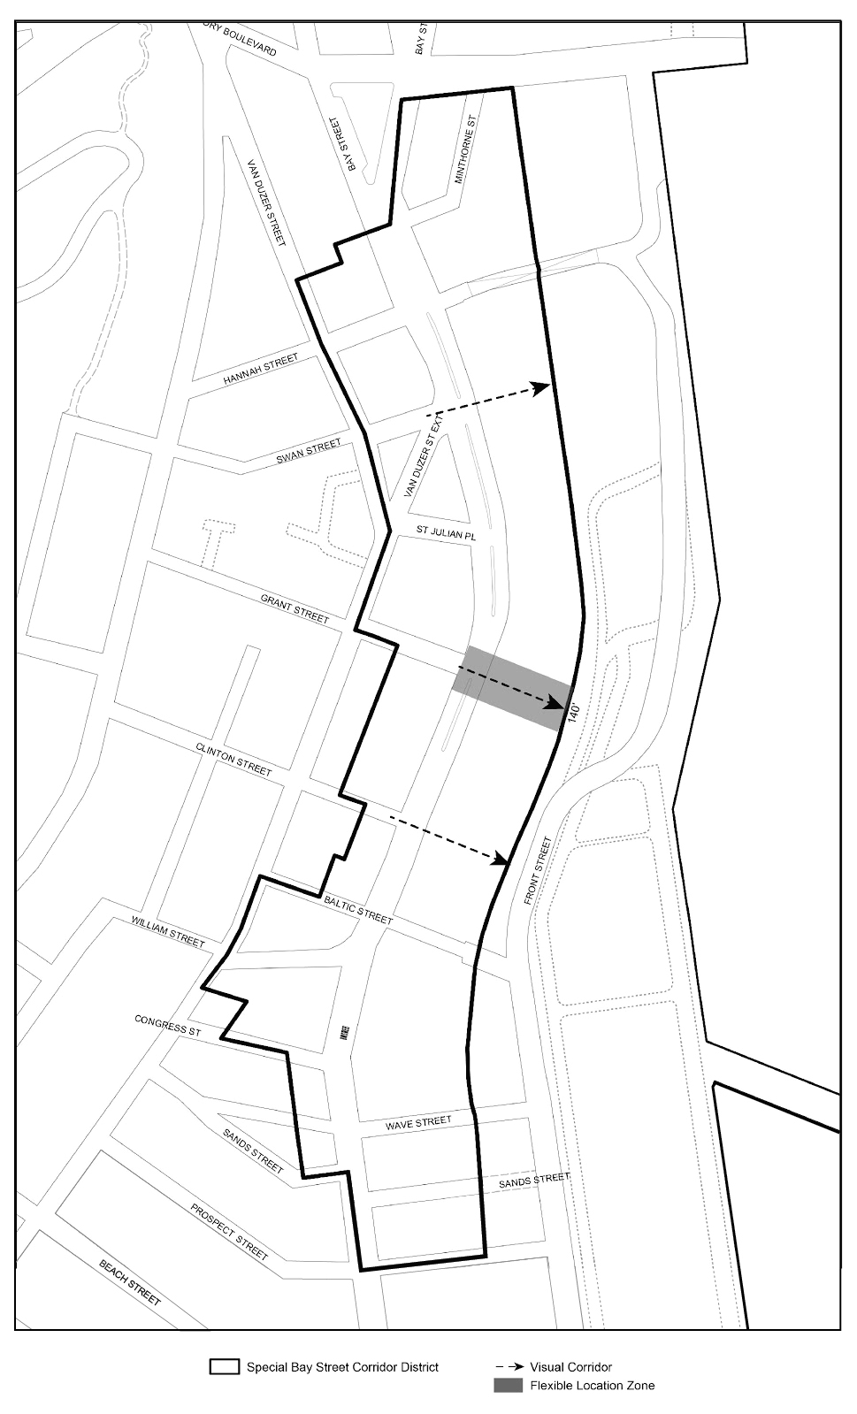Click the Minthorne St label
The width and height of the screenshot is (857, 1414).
[x=466, y=149]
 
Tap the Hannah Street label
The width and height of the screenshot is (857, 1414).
[x=260, y=370]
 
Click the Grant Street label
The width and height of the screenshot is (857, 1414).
[x=295, y=608]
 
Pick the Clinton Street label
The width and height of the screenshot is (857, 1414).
[x=233, y=759]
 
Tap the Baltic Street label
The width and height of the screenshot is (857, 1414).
[x=358, y=909]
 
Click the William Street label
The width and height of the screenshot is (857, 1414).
[x=168, y=932]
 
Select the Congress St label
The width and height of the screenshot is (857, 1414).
[x=168, y=1025]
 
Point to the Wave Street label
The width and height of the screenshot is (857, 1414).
[x=418, y=1123]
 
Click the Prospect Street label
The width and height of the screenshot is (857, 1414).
[x=230, y=1231]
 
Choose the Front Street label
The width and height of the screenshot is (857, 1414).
[x=537, y=870]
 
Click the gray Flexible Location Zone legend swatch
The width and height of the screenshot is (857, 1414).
[x=508, y=1386]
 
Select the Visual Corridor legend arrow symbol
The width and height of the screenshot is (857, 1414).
[x=508, y=1367]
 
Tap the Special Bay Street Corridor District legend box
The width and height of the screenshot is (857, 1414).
[x=225, y=1366]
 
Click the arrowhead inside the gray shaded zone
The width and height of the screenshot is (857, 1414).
[x=555, y=704]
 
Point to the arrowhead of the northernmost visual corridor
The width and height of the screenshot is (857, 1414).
[x=541, y=387]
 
